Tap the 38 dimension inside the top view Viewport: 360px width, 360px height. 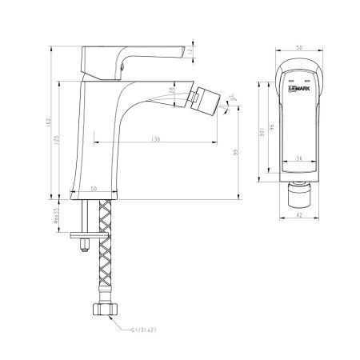point(297,159)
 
